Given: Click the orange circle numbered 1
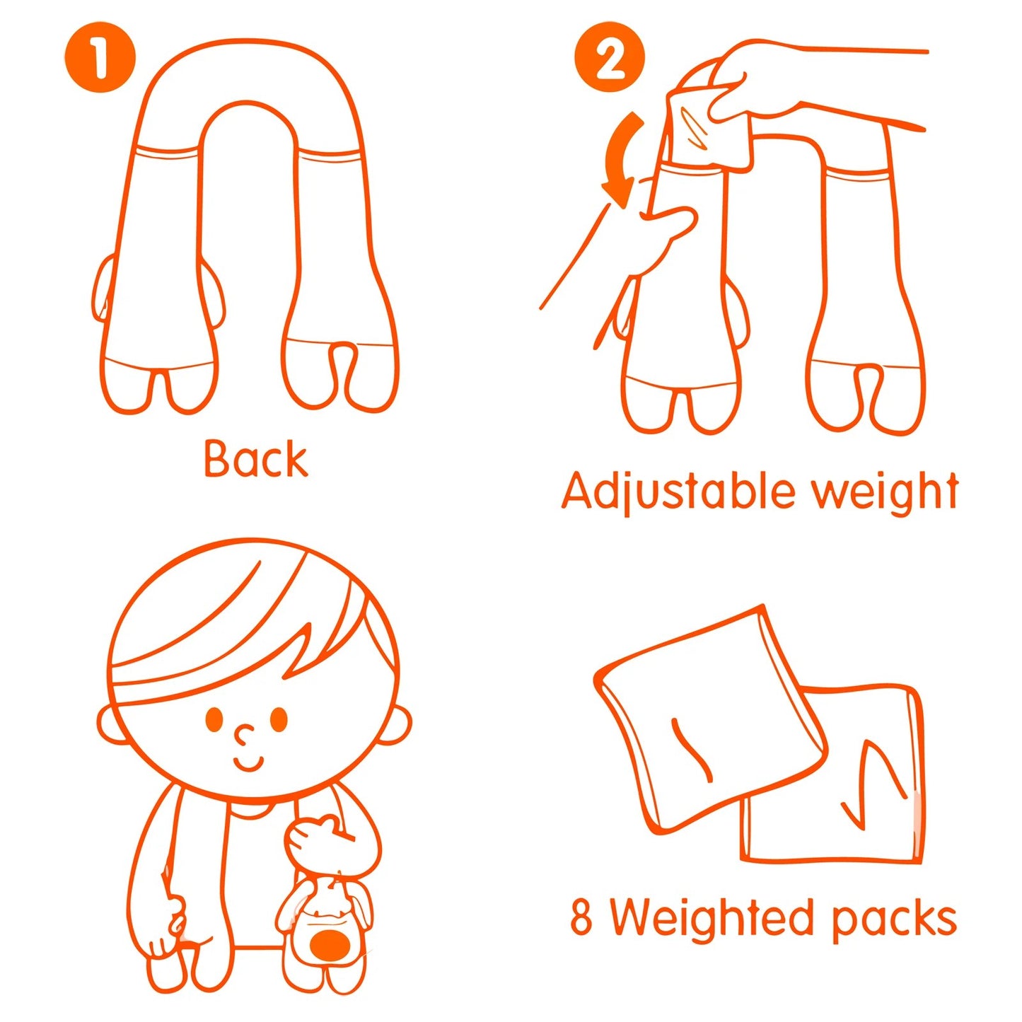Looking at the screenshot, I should tap(100, 57).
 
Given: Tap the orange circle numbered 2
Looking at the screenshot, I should tap(609, 57).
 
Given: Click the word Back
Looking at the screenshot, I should tap(255, 459).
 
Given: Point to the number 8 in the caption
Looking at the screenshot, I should tap(581, 917).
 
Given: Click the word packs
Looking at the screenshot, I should tap(893, 919).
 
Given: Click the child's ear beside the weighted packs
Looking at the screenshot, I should tap(396, 723).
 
